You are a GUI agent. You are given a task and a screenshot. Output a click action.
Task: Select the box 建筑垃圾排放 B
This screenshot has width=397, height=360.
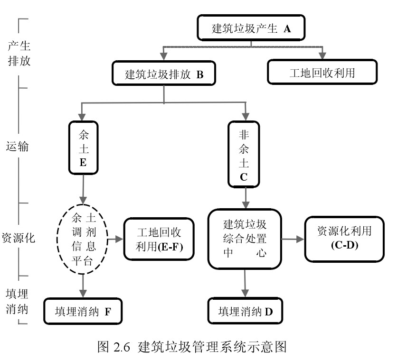(164, 74)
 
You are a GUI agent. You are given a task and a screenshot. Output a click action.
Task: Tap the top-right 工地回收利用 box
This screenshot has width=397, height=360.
(322, 74)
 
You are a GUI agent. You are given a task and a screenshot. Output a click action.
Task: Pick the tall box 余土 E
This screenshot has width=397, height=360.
(83, 148)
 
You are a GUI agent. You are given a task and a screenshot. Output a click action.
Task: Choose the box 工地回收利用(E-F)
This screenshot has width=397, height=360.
(159, 240)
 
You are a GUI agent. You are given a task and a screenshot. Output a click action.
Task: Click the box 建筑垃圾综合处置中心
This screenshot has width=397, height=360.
(245, 238)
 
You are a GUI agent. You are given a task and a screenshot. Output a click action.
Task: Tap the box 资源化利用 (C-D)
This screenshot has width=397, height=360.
(344, 238)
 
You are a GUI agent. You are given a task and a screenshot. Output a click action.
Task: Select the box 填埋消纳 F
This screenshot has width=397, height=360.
(83, 312)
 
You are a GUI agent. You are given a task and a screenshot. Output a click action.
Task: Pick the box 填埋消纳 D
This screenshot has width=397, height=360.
(246, 312)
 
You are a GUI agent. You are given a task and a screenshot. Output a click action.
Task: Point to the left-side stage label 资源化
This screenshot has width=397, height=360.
(18, 238)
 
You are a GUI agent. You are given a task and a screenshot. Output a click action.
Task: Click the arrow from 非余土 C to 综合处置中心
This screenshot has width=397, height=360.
(245, 197)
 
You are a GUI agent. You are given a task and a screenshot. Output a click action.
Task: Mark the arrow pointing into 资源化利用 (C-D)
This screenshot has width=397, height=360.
(293, 239)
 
